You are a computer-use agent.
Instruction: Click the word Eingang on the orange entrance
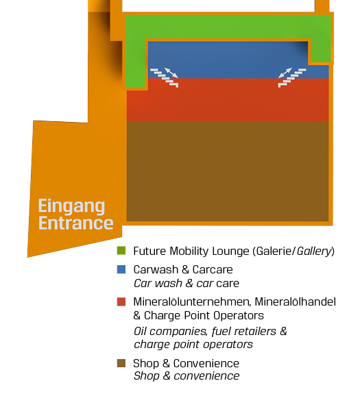(x=71, y=207)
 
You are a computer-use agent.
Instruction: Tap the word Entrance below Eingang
(x=75, y=223)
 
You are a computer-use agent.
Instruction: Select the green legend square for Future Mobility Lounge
(x=121, y=251)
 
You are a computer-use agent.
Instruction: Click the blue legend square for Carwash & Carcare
(x=121, y=269)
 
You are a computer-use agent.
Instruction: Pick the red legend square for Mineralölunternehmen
(x=121, y=301)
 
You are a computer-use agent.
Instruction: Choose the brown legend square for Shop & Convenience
(x=121, y=363)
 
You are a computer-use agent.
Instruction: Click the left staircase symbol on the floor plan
(x=165, y=78)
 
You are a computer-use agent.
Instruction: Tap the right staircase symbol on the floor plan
(x=292, y=78)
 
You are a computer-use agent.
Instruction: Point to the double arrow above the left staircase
(x=171, y=73)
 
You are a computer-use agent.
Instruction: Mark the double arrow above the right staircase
(x=285, y=73)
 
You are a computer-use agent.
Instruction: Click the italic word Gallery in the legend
(x=314, y=251)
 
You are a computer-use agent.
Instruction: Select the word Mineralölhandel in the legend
(x=295, y=301)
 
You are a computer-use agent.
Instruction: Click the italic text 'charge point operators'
(x=193, y=345)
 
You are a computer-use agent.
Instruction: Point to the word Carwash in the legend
(x=156, y=269)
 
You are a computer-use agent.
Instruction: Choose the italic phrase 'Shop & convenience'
(x=187, y=376)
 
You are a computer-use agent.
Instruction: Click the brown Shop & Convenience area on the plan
(x=228, y=171)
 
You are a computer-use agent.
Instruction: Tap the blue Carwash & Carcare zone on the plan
(x=228, y=59)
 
